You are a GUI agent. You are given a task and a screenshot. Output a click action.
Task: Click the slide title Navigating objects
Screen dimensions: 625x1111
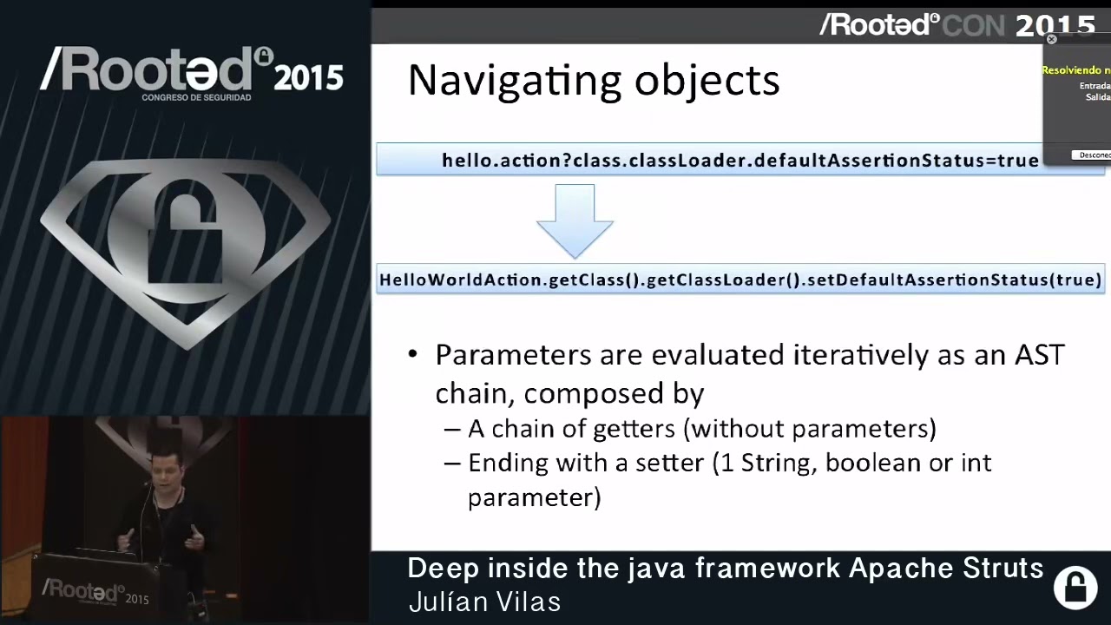594,80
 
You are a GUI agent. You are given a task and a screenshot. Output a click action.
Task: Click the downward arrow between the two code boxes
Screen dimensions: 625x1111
575,221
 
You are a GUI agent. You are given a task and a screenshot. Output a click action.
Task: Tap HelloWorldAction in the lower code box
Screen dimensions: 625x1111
461,280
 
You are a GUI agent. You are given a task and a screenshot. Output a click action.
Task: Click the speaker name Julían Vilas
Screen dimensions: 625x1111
484,602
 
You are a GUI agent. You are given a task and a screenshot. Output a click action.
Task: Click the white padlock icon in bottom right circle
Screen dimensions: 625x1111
1075,587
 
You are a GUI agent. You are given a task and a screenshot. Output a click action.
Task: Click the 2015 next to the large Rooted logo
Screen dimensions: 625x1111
308,79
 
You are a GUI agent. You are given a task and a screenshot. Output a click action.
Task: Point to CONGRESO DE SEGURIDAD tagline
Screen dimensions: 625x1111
196,97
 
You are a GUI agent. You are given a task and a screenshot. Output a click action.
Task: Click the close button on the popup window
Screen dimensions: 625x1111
1051,39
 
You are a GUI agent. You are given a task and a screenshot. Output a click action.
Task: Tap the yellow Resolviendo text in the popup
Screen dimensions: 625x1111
1076,70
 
